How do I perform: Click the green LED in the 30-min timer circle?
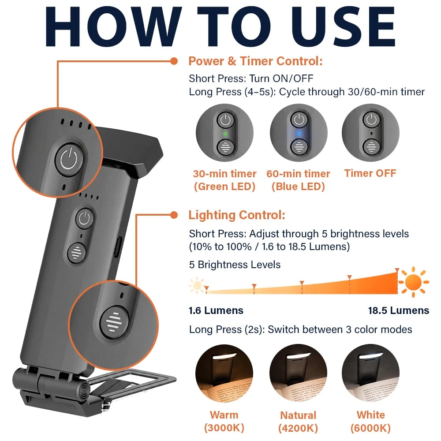tap(225, 134)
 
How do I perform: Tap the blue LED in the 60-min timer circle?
tap(299, 133)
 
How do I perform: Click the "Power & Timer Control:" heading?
tap(256, 61)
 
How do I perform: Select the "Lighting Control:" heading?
tap(237, 215)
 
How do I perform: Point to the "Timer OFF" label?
tap(370, 173)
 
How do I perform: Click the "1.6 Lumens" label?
tap(216, 310)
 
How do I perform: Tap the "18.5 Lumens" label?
tap(399, 310)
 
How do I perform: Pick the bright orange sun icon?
tap(414, 282)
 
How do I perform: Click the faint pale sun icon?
tap(197, 285)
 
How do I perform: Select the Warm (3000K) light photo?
tap(224, 373)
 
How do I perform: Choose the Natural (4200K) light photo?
tap(298, 373)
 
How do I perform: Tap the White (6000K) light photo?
tap(371, 373)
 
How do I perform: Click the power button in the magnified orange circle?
tap(69, 160)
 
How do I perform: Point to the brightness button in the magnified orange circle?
tap(114, 322)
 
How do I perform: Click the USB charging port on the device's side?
tap(117, 247)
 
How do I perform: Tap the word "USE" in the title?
tap(344, 26)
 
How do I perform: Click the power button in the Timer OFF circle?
tap(371, 120)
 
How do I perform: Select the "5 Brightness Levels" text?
tap(235, 265)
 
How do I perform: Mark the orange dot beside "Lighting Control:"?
tap(174, 215)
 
